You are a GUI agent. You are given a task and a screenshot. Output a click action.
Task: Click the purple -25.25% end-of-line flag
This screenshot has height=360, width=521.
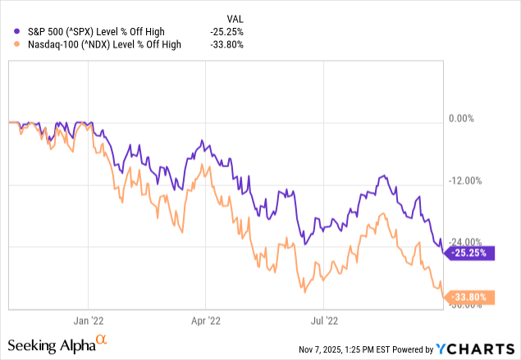click(x=471, y=253)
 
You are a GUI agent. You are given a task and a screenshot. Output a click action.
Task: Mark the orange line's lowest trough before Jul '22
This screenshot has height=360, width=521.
click(x=304, y=292)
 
